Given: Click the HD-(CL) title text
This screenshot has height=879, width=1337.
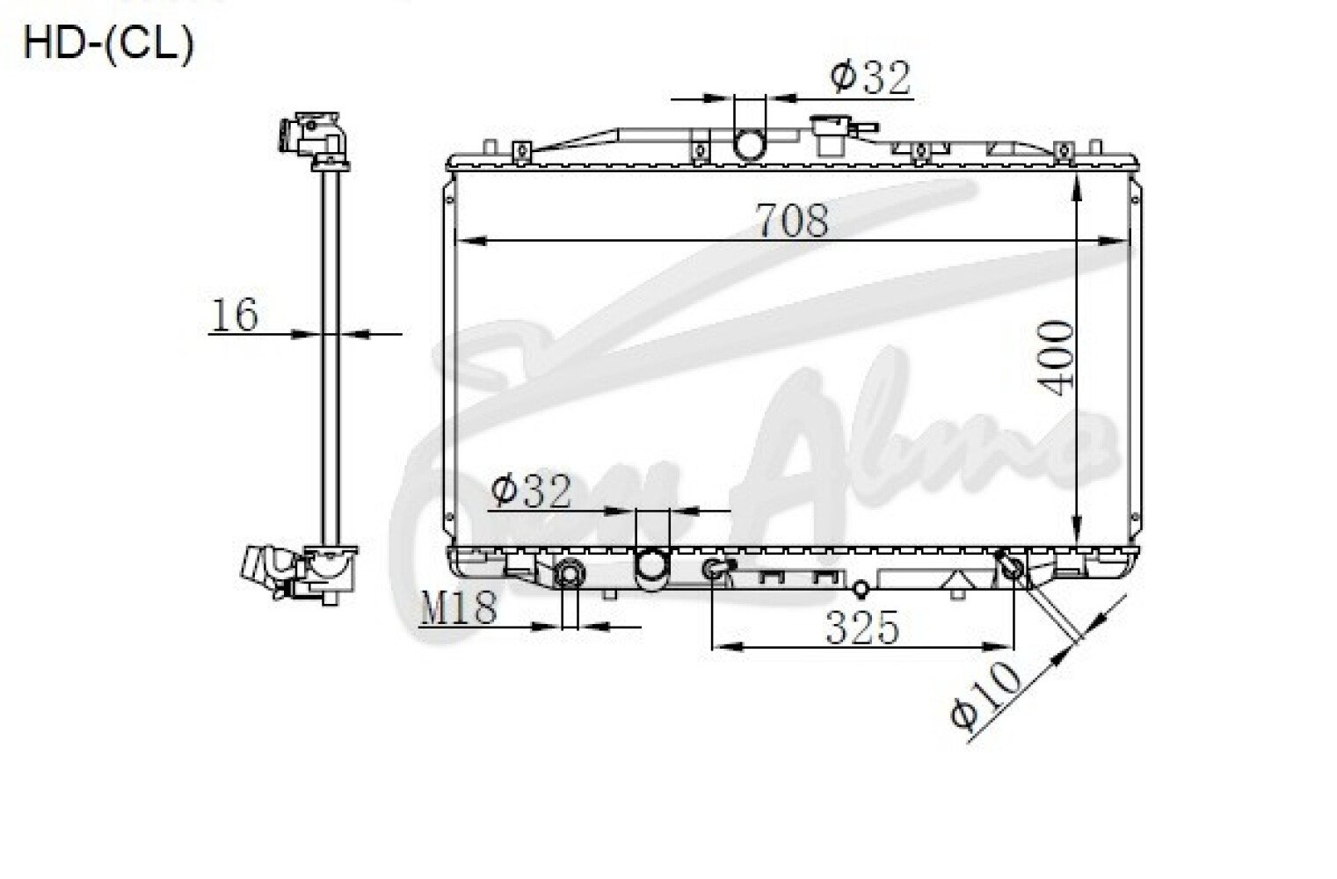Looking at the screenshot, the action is [108, 43].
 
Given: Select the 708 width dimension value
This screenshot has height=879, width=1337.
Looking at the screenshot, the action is [793, 221].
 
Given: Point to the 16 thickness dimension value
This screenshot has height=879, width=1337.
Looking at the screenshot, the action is [235, 314].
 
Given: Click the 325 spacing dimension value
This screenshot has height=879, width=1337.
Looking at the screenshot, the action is [862, 628].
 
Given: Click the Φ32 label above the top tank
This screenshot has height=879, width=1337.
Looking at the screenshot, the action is [871, 77].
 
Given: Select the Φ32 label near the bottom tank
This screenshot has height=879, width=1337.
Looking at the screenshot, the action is [531, 490].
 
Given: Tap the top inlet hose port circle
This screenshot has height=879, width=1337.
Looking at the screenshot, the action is [749, 145].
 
